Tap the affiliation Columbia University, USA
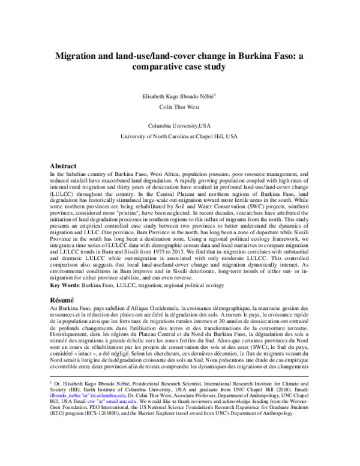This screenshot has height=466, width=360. (180, 126)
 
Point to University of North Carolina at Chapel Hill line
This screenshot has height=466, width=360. (180, 137)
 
